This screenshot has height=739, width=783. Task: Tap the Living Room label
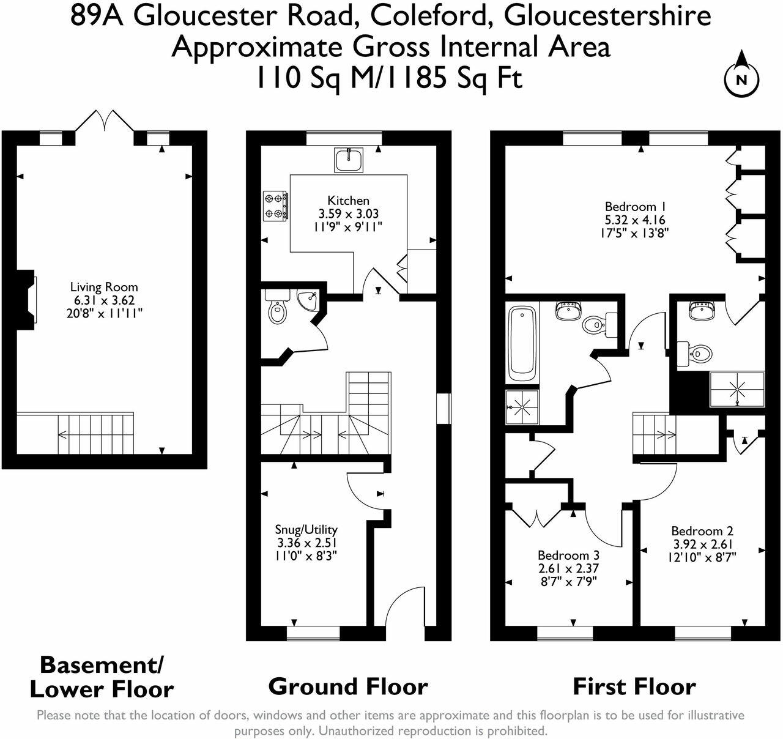(x=104, y=287)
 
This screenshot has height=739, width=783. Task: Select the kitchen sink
(x=349, y=160)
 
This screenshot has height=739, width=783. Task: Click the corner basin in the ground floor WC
(x=308, y=300)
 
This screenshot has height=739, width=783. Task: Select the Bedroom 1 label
(x=636, y=206)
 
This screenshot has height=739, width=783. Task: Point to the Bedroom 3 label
(x=568, y=555)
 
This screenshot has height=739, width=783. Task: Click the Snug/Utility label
(x=306, y=530)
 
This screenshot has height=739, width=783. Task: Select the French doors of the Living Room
(x=105, y=121)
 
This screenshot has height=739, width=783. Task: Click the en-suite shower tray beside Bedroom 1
(x=737, y=389)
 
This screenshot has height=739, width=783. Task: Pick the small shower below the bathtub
(x=522, y=407)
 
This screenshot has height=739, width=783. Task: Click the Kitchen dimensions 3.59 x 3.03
(x=349, y=214)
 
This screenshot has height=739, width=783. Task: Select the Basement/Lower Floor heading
(x=102, y=677)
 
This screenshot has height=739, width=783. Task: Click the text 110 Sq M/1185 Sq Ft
(x=390, y=78)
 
